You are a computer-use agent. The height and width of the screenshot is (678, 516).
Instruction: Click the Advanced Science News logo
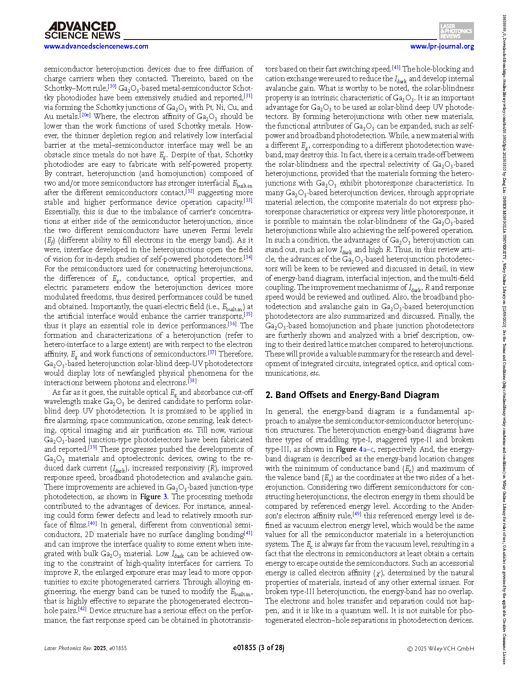pos(82,31)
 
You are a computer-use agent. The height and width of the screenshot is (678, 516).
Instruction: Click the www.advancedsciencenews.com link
pos(96,46)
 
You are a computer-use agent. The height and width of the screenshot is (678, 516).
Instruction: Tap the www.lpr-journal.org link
pos(442,46)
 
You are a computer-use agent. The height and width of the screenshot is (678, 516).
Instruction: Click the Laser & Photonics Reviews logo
pos(456,31)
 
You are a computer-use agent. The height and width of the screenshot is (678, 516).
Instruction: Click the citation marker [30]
pos(112,86)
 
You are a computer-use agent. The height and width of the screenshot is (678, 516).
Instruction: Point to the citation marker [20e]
pos(85,115)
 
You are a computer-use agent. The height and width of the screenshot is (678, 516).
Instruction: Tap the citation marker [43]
pos(396,67)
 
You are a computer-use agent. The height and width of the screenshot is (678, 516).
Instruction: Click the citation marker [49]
pos(357,514)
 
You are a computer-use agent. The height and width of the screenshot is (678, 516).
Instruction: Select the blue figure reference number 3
pos(165,497)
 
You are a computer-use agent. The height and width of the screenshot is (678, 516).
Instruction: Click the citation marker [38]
pos(192,381)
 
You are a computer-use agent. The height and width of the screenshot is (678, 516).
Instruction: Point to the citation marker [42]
pos(82,609)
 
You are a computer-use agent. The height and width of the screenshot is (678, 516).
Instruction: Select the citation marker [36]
pos(232,324)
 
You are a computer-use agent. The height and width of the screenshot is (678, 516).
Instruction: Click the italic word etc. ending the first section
pos(315,373)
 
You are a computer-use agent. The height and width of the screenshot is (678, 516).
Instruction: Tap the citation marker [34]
pos(248,257)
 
